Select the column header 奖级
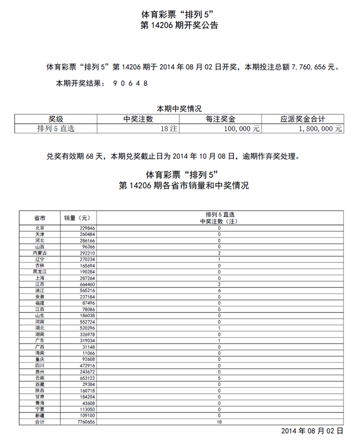(x=56, y=119)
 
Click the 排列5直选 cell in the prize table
(x=56, y=128)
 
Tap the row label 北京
(x=39, y=228)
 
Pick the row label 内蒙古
(x=39, y=253)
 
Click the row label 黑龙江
(x=39, y=271)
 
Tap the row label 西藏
(x=39, y=384)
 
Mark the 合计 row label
(x=39, y=422)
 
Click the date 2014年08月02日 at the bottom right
(x=312, y=431)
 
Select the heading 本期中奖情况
(x=179, y=109)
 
